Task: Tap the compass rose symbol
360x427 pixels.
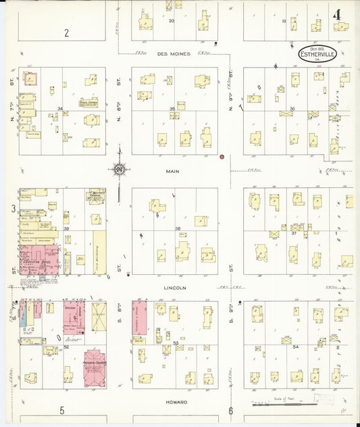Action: point(119,169)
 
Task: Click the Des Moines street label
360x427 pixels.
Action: point(174,53)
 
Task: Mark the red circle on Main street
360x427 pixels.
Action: point(222,157)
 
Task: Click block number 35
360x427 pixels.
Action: point(172,109)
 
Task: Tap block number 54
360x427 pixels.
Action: point(296,347)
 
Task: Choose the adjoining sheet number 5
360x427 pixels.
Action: point(61,410)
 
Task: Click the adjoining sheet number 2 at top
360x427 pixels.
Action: point(66,32)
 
